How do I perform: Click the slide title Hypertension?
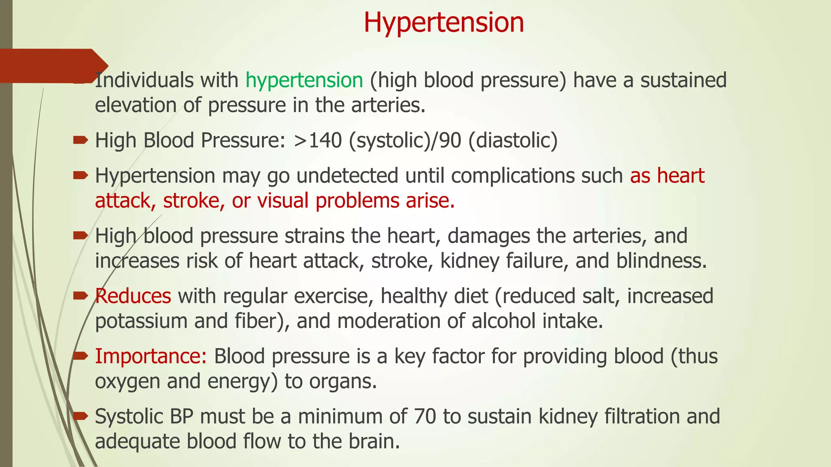443,22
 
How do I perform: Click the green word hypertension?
304,80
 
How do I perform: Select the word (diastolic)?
513,140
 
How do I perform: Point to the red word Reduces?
133,296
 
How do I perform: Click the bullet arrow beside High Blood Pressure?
80,141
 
